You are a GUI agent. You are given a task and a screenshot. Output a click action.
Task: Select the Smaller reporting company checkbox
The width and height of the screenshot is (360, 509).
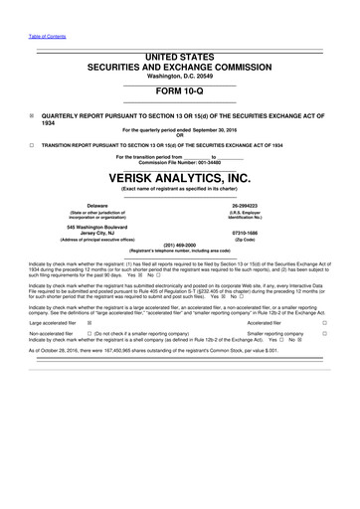(x=324, y=334)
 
